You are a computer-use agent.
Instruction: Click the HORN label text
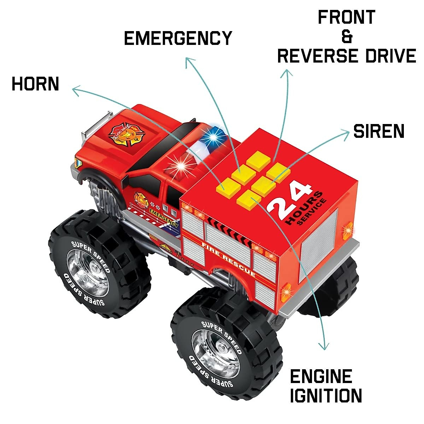pyautogui.click(x=35, y=84)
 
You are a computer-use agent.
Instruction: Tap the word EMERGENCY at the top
pyautogui.click(x=178, y=38)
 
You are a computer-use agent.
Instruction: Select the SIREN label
pyautogui.click(x=379, y=131)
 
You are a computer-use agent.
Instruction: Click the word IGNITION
pyautogui.click(x=326, y=395)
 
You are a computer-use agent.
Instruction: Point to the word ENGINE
pyautogui.click(x=321, y=376)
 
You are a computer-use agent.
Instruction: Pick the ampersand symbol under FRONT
pyautogui.click(x=347, y=37)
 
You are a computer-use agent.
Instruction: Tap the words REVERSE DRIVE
pyautogui.click(x=347, y=56)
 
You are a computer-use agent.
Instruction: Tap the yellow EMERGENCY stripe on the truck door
pyautogui.click(x=164, y=217)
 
